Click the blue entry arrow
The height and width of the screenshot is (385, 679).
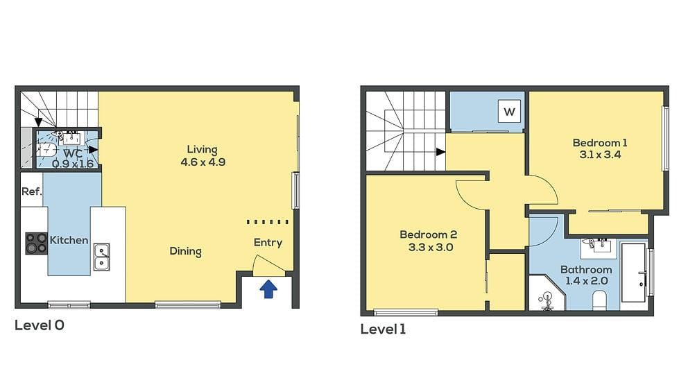tap(268, 289)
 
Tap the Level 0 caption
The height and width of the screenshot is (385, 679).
tap(40, 325)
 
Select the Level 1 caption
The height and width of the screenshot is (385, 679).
tap(383, 329)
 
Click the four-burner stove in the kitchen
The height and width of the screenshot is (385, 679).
tap(36, 243)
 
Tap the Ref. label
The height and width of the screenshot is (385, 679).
tap(31, 191)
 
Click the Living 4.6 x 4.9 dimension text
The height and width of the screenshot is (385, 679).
tap(202, 162)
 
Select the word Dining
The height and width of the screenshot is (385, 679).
tap(185, 251)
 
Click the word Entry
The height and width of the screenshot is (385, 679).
tap(268, 242)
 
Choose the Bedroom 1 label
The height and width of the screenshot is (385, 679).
tap(599, 143)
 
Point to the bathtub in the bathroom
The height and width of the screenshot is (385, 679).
tap(633, 272)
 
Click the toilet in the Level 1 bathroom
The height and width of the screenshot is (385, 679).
tap(600, 299)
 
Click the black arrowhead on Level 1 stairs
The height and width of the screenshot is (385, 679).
tap(440, 151)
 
